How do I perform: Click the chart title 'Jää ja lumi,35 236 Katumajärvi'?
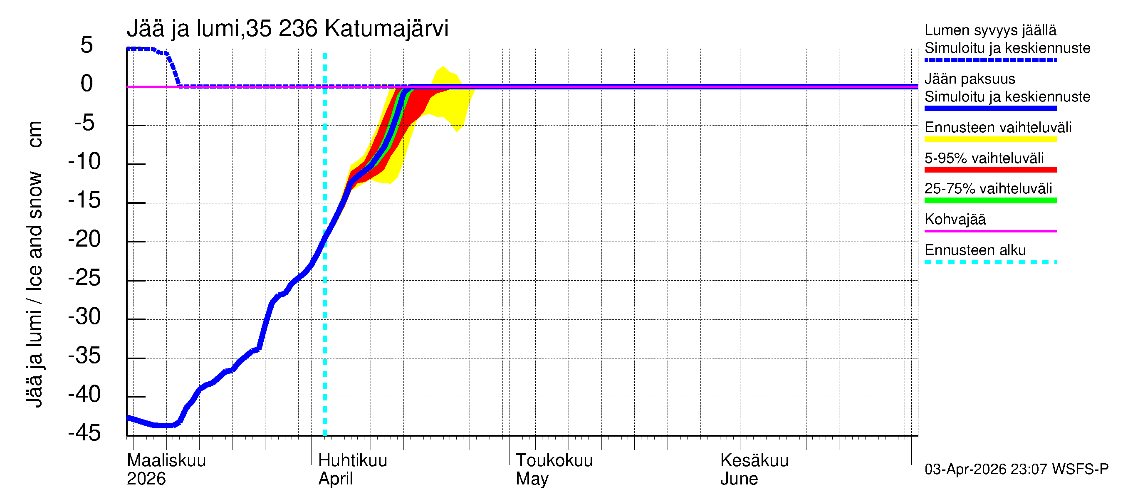pos(287,29)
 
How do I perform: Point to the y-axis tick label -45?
pos(84,433)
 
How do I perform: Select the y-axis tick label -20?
pos(84,239)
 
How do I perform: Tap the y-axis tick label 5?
pos(87,45)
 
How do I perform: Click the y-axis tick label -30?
pos(84,317)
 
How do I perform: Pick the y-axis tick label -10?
pos(84,162)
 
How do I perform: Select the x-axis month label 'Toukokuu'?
pos(554,460)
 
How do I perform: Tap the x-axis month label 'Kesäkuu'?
pos(754,460)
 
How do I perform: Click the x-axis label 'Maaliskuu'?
pos(166,460)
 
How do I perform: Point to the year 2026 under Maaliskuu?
pos(146,479)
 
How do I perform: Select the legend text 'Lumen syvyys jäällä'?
pos(990,30)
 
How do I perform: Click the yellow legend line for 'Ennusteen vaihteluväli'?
pos(990,139)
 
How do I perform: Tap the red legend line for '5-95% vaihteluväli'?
pos(990,170)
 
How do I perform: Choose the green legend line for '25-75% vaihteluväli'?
pos(990,200)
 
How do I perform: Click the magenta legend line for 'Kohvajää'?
pos(990,231)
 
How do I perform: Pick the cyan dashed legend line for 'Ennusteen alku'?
pos(990,262)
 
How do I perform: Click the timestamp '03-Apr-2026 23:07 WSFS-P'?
pos(1016,469)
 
